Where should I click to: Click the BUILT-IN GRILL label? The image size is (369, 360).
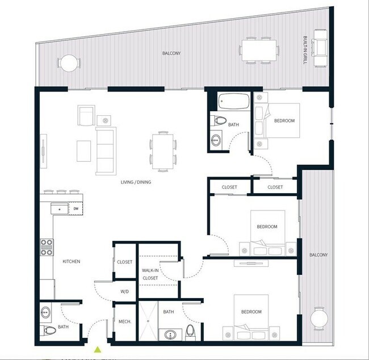point(305,51)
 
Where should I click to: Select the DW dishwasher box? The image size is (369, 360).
point(76,209)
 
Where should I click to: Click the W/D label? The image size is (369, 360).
point(124,291)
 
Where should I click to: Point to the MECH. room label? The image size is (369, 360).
point(125,321)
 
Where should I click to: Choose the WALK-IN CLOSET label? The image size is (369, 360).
point(150,274)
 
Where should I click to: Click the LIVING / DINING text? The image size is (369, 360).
point(139,182)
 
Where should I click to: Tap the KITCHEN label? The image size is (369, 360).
point(72,261)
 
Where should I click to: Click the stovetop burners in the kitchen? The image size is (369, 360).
point(47,248)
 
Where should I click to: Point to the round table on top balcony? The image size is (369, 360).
point(68,63)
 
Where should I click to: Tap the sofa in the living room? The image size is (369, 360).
point(106,150)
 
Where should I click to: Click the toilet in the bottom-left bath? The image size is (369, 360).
point(50,330)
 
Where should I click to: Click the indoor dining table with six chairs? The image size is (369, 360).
point(163,151)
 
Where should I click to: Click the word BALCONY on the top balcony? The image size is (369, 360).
point(171,53)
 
